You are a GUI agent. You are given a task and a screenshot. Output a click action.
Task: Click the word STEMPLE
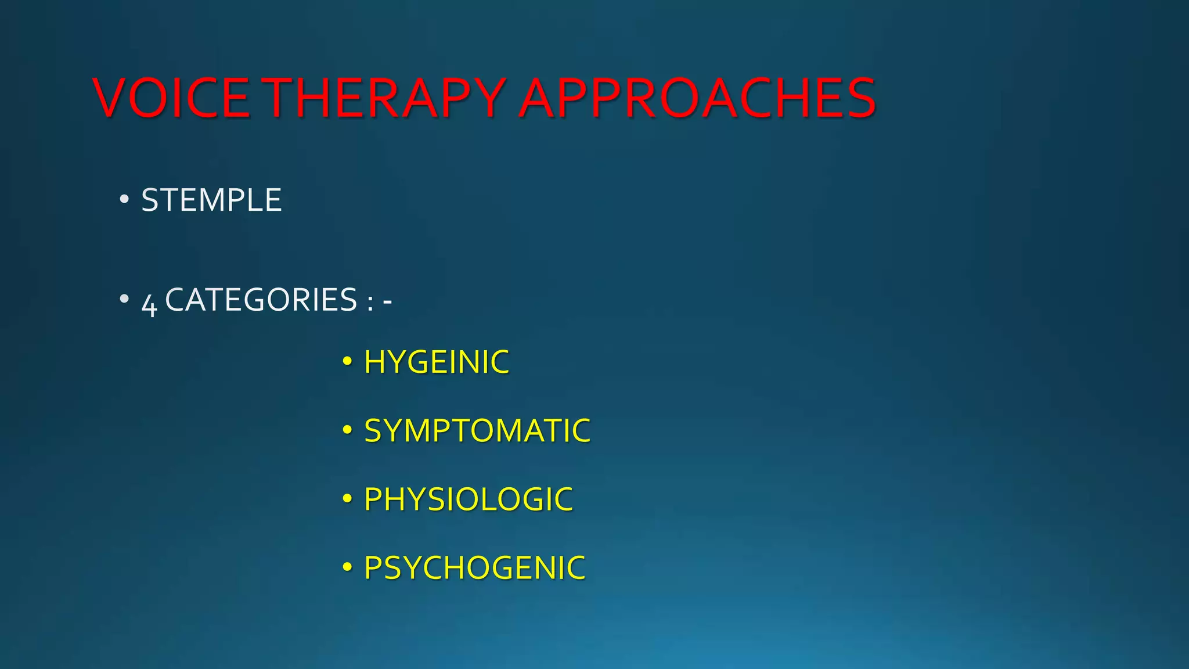point(211,200)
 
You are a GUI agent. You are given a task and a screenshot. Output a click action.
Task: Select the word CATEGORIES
point(261,300)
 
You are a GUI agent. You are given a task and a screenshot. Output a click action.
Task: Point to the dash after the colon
point(387,301)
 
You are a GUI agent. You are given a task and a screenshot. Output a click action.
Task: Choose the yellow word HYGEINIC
point(436,362)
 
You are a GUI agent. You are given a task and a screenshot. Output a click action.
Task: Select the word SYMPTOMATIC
point(477,431)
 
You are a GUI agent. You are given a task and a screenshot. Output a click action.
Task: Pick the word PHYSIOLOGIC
point(468,499)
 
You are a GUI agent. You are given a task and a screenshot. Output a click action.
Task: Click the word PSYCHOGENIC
point(474,568)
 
